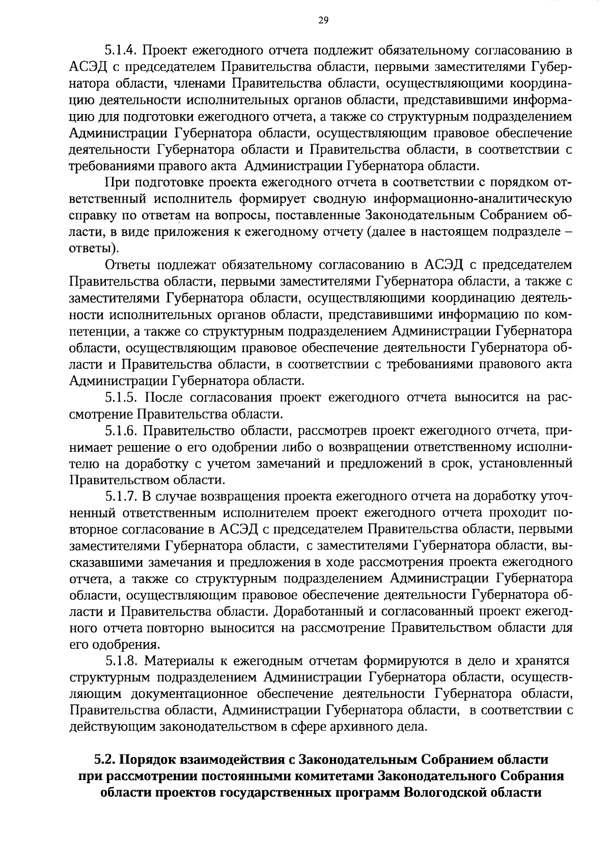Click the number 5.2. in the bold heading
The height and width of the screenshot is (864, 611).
click(x=105, y=760)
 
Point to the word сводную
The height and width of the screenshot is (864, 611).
click(x=271, y=199)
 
